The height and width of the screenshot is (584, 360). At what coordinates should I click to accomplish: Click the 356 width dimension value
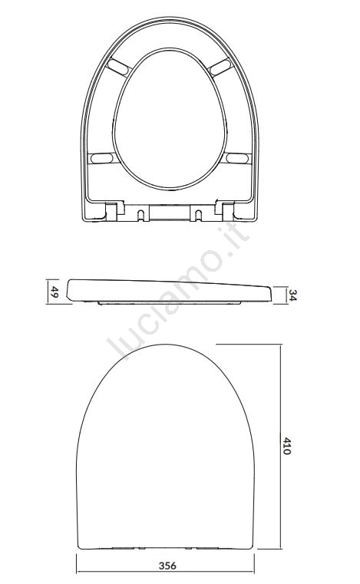click(167, 566)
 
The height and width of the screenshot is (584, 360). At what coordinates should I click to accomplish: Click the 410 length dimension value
click(286, 446)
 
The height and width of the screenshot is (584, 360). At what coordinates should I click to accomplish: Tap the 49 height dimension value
click(54, 292)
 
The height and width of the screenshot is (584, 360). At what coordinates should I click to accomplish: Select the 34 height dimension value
click(293, 295)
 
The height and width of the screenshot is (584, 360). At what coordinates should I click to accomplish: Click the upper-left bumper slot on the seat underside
click(118, 67)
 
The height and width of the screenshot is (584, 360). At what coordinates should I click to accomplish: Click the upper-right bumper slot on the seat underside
click(220, 67)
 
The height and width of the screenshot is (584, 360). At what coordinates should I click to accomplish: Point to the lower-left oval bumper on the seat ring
click(102, 158)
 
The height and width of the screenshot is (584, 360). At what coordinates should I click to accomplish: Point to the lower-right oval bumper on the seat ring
click(237, 158)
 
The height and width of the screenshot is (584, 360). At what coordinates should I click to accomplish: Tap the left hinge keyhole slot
click(140, 215)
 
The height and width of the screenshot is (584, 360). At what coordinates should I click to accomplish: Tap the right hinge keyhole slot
click(198, 215)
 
